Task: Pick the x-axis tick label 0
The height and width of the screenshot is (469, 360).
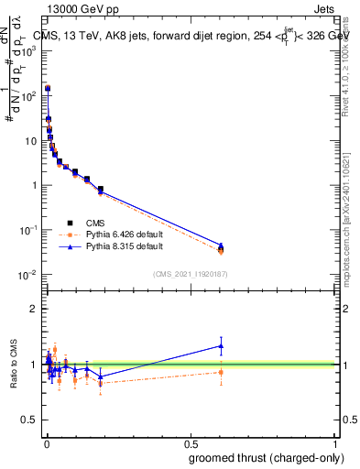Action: pyautogui.click(x=46, y=443)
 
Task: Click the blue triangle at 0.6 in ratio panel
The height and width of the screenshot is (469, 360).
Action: pyautogui.click(x=221, y=346)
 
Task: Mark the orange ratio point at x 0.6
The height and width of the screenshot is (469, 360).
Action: pyautogui.click(x=221, y=371)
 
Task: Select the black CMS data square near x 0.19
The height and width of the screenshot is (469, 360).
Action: pyautogui.click(x=100, y=190)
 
